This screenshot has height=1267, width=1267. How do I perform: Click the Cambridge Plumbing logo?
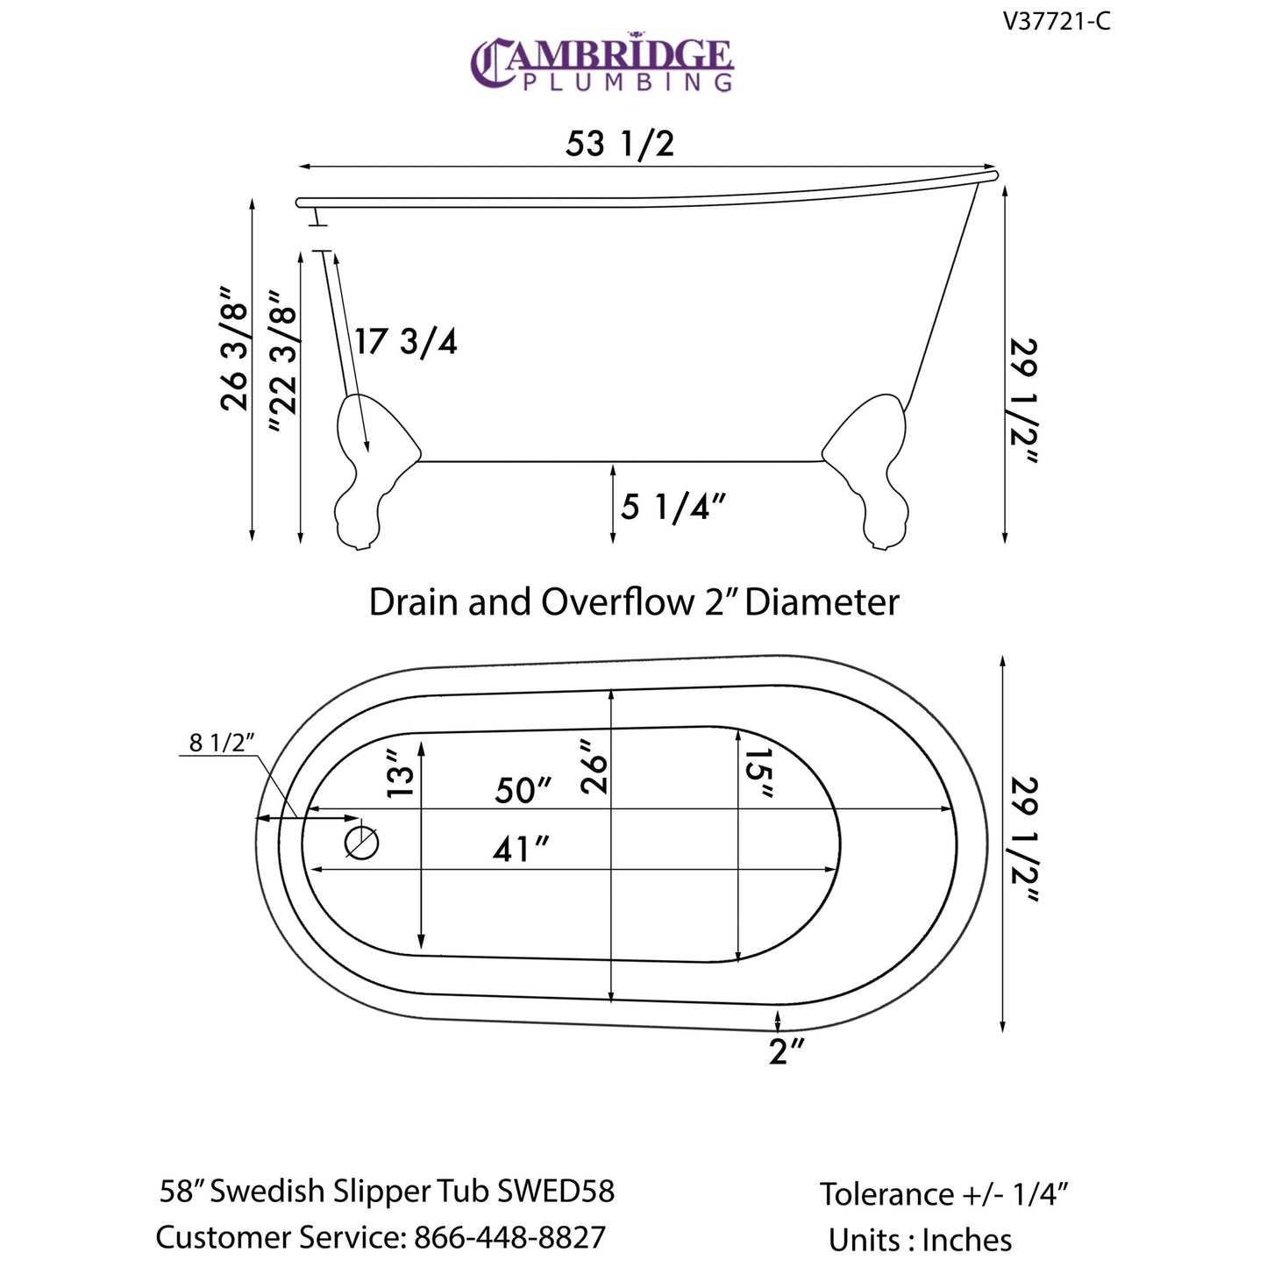click(601, 63)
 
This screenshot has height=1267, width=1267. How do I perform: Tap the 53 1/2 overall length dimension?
click(620, 143)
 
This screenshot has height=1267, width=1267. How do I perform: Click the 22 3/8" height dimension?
click(282, 363)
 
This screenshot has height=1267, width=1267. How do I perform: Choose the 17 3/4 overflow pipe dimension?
click(406, 341)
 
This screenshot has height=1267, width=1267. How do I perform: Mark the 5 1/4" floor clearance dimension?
click(673, 507)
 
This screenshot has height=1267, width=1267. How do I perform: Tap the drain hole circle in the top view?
click(361, 843)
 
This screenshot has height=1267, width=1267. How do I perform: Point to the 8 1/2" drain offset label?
click(222, 743)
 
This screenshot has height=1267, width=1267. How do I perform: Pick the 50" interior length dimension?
click(523, 790)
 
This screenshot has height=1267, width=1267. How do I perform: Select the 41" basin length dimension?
click(521, 849)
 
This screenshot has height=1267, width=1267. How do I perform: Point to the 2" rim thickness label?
click(786, 1051)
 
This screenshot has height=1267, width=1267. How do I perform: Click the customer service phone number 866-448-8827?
click(509, 1237)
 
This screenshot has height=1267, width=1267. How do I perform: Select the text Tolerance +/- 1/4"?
click(944, 1194)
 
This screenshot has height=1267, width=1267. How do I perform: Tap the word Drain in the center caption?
click(413, 603)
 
